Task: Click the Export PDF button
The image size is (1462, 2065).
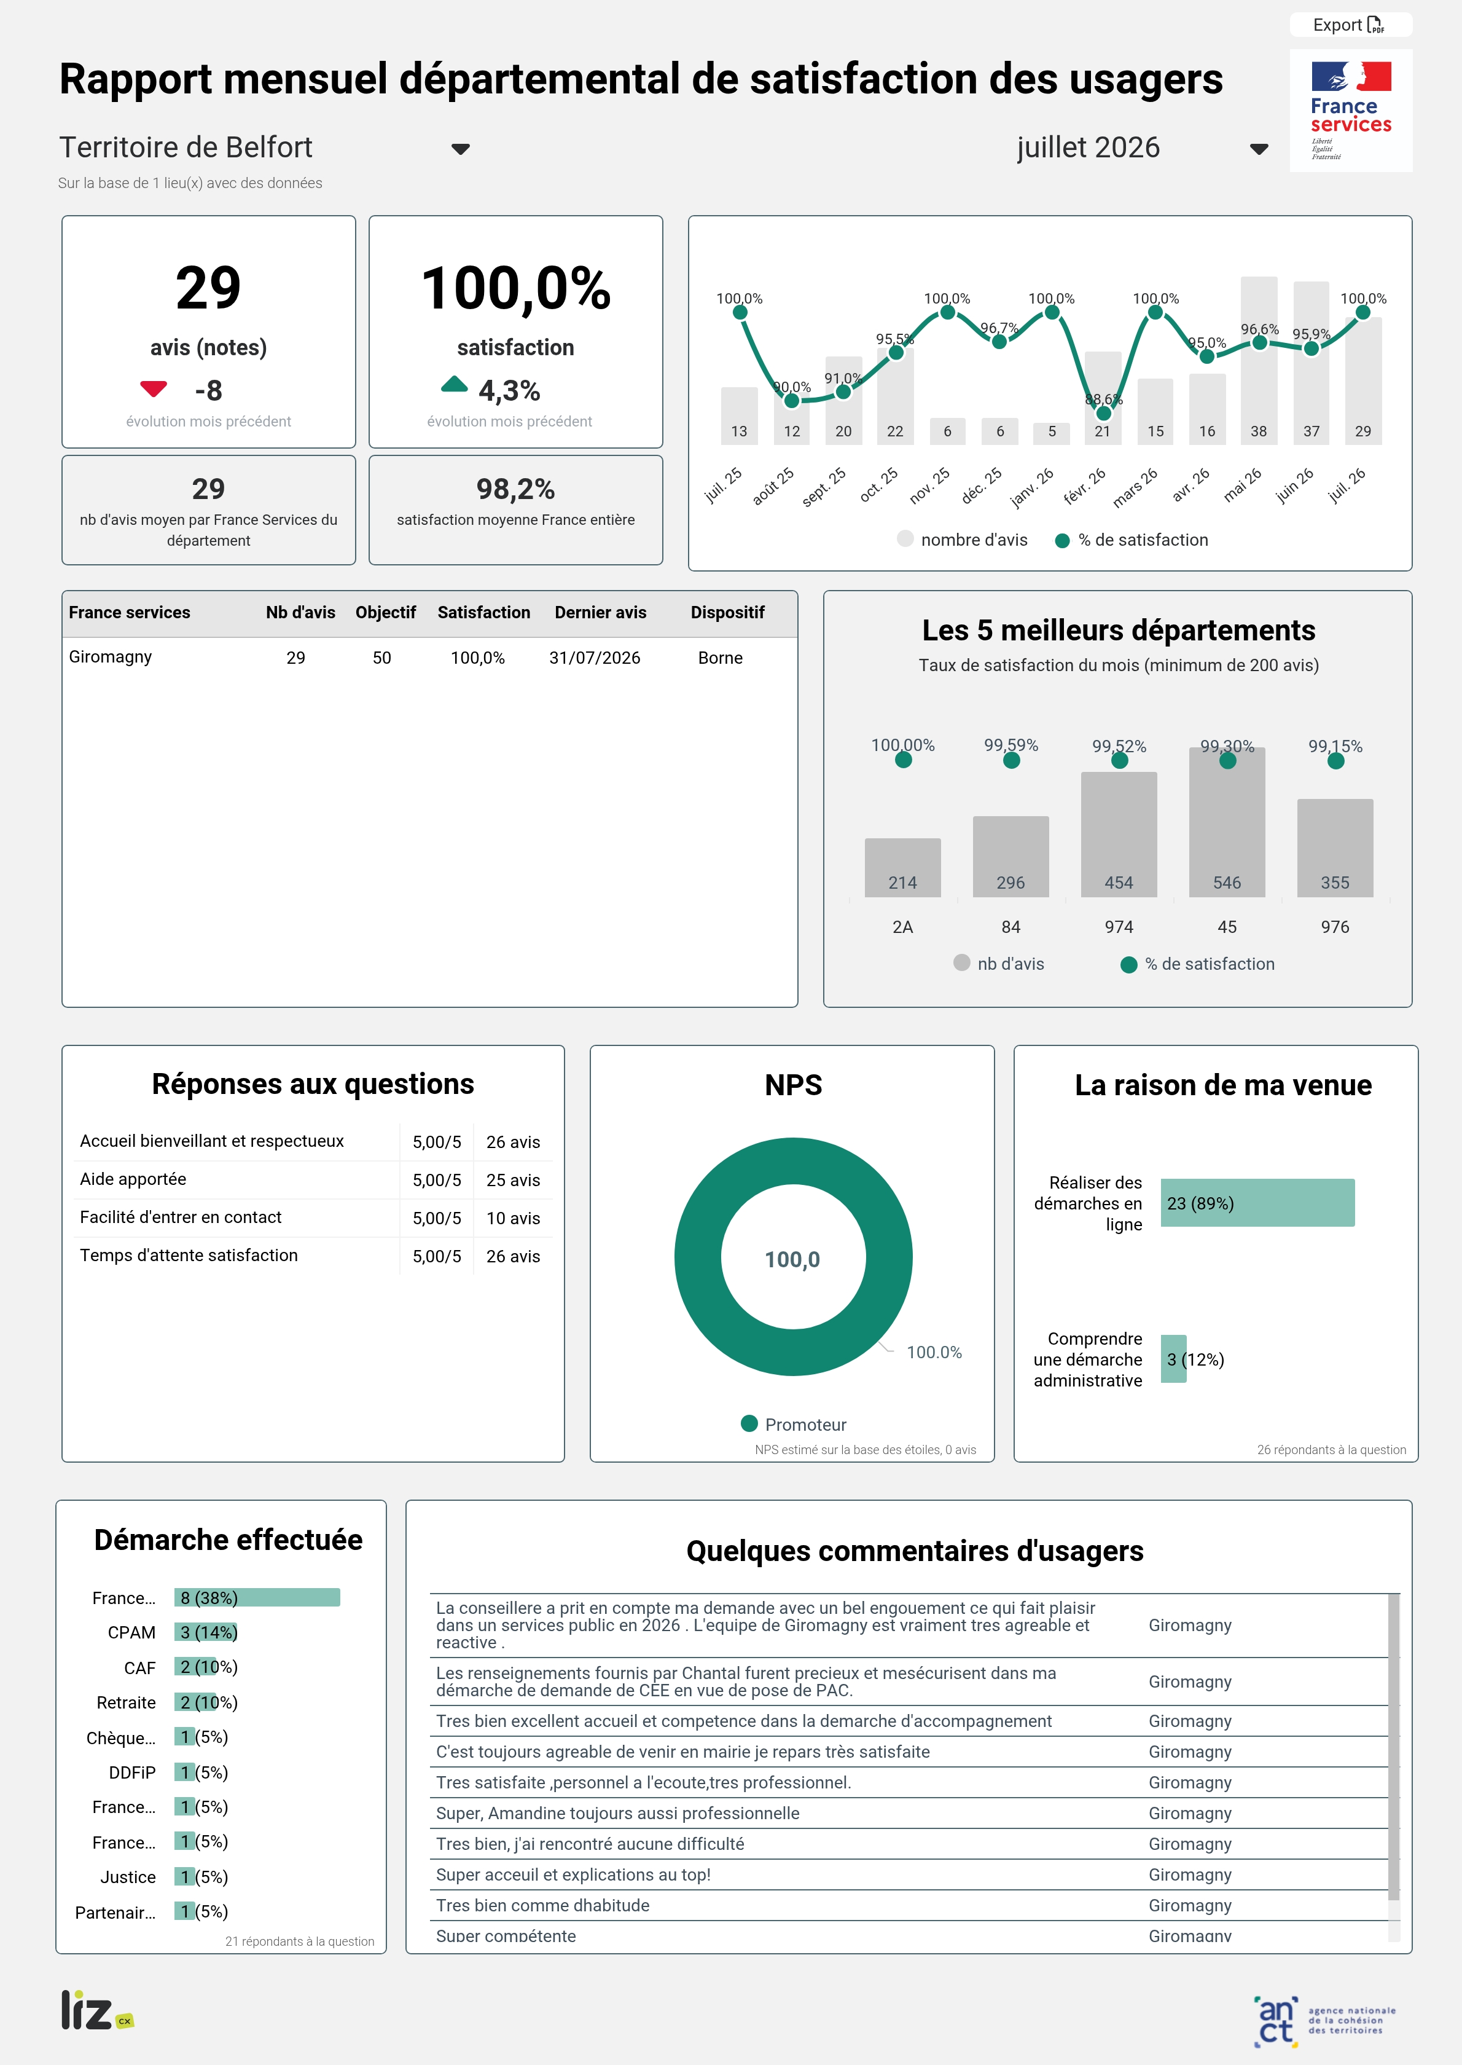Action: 1350,25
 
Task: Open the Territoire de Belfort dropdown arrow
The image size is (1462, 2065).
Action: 460,149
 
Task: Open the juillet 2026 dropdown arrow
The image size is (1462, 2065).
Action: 1259,149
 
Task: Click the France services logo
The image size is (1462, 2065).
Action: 1350,110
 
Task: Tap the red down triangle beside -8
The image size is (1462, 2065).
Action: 154,389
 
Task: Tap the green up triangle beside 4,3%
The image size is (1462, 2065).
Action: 455,385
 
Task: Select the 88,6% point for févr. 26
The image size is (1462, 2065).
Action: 1103,414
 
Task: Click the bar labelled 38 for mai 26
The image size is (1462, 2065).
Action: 1259,360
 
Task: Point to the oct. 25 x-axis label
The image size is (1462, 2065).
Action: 878,486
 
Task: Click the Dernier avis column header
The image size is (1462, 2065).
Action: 601,612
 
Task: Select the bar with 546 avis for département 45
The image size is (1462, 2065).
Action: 1227,822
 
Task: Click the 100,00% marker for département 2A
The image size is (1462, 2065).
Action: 903,760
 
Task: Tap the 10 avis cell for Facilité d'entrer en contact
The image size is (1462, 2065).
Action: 513,1219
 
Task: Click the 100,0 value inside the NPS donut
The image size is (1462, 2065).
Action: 792,1259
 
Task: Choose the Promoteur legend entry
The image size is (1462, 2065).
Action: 793,1425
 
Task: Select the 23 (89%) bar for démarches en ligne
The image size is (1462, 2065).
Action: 1257,1203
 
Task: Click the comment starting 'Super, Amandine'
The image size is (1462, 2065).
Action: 617,1813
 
